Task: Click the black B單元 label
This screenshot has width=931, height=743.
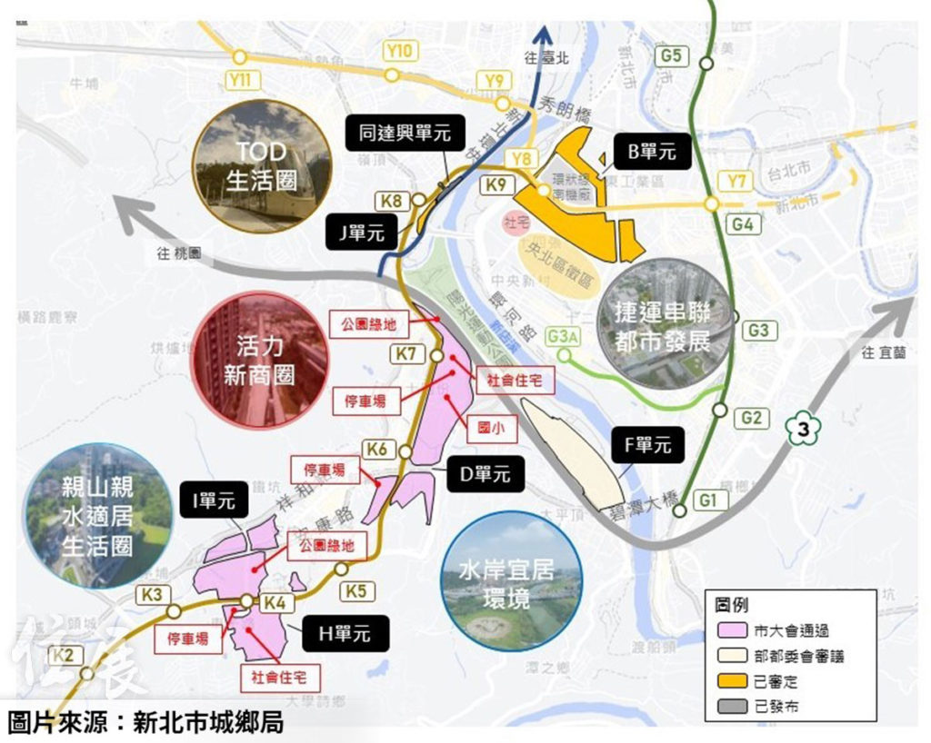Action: [652, 151]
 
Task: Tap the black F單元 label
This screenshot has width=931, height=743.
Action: [648, 445]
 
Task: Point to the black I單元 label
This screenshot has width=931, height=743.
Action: [213, 500]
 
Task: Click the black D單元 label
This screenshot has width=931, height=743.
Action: [486, 473]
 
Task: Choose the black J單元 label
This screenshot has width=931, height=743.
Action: [363, 233]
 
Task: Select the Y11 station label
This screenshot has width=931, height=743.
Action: [240, 79]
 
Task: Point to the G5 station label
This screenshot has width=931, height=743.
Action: [671, 54]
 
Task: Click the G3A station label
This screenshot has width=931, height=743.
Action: [564, 338]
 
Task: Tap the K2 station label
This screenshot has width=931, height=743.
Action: [62, 656]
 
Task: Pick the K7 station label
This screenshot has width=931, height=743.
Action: [408, 353]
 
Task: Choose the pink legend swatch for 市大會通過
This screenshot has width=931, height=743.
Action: [728, 629]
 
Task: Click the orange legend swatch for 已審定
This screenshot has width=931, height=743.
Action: [728, 679]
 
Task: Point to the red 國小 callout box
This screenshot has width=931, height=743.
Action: [489, 423]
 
